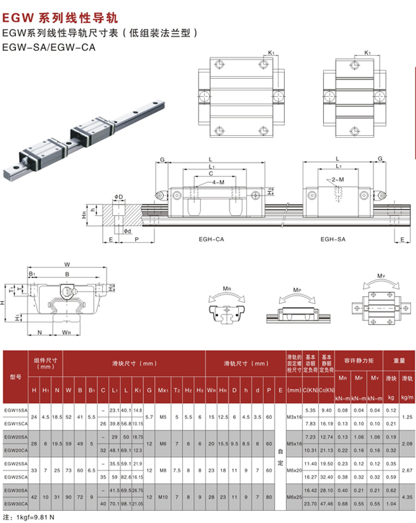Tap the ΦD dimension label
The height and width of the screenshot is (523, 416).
point(119,196)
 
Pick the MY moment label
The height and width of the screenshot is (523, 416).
point(381,276)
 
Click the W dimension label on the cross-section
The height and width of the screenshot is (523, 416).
point(67,263)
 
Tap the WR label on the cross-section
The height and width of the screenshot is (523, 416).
point(66,333)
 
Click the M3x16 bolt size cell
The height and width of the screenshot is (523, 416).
point(294,416)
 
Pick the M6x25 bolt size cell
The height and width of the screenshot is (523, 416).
point(294,496)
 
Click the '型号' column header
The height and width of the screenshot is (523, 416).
point(15,377)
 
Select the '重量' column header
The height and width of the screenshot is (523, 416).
point(399,360)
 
